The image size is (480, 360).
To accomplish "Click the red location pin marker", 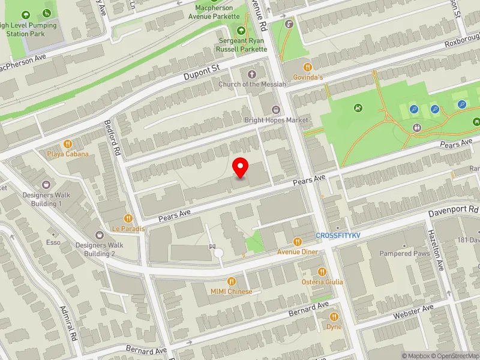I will pyautogui.click(x=241, y=167).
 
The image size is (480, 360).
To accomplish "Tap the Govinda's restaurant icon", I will pyautogui.click(x=308, y=67).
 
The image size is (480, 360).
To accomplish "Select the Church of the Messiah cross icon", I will pyautogui.click(x=251, y=74).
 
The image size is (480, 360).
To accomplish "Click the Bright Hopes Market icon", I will pyautogui.click(x=276, y=109).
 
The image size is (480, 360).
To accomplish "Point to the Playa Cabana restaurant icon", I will pyautogui.click(x=68, y=144).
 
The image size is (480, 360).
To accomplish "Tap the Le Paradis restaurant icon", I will pyautogui.click(x=128, y=218).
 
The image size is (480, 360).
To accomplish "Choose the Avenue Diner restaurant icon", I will pyautogui.click(x=297, y=242).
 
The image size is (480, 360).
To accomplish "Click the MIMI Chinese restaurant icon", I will pyautogui.click(x=231, y=281).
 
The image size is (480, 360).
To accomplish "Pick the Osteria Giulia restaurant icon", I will pyautogui.click(x=322, y=272).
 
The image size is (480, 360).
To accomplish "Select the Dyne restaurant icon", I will pyautogui.click(x=334, y=317).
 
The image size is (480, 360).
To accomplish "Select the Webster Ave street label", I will pyautogui.click(x=413, y=311).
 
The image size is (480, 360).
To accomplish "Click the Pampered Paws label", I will pyautogui.click(x=404, y=253).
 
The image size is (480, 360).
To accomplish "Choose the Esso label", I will pyautogui.click(x=53, y=242).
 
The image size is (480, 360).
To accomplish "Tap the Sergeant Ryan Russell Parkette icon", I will pyautogui.click(x=241, y=31).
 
